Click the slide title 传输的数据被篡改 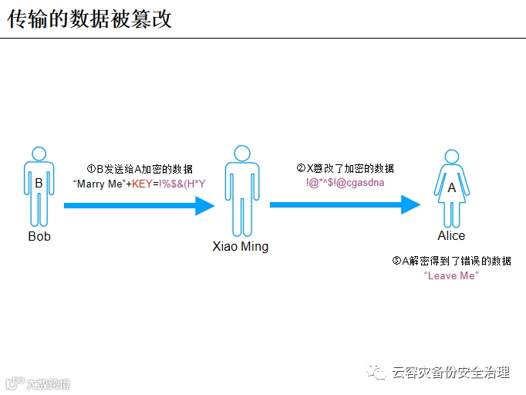(89, 19)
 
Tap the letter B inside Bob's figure (39, 184)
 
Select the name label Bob (39, 236)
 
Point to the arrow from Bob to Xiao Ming (139, 206)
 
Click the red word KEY (142, 184)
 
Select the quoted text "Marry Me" (99, 184)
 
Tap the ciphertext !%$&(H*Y (183, 184)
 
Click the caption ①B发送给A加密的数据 (140, 169)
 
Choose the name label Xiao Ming (241, 247)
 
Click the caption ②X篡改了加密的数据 (345, 168)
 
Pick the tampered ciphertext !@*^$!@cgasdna (345, 183)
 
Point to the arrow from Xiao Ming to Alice (345, 204)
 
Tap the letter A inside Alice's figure (451, 187)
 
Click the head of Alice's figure (451, 157)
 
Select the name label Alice (451, 235)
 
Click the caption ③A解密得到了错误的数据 (451, 261)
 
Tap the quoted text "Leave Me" (451, 275)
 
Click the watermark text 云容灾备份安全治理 (451, 373)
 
